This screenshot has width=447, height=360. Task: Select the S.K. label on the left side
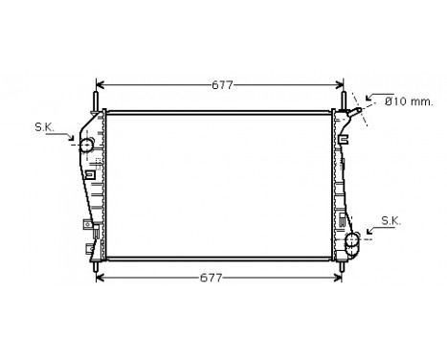(x=44, y=126)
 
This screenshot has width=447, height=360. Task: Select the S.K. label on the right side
(x=391, y=220)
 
